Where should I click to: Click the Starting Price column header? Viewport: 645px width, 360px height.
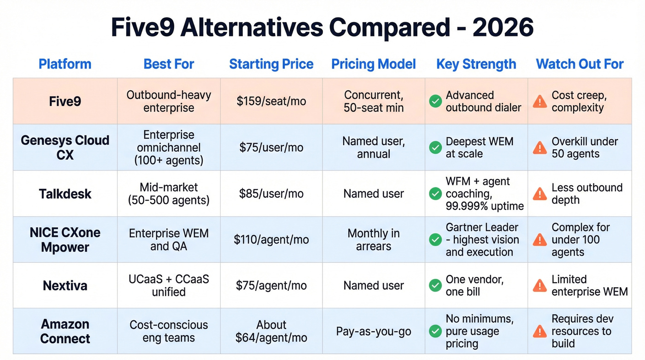pyautogui.click(x=271, y=64)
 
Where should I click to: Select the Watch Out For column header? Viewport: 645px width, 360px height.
pyautogui.click(x=580, y=64)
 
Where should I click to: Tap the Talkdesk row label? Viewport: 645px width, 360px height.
pyautogui.click(x=65, y=194)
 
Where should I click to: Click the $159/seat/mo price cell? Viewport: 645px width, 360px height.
pyautogui.click(x=271, y=101)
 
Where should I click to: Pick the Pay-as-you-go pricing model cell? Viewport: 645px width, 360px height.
pyautogui.click(x=374, y=331)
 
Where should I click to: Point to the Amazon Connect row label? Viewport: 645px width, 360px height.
pyautogui.click(x=65, y=331)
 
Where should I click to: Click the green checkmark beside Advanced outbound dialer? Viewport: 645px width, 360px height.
pyautogui.click(x=435, y=101)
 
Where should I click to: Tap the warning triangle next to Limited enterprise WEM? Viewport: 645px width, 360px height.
pyautogui.click(x=539, y=286)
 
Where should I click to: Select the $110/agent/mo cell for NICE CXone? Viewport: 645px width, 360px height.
pyautogui.click(x=271, y=240)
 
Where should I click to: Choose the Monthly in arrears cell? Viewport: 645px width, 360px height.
pyautogui.click(x=374, y=240)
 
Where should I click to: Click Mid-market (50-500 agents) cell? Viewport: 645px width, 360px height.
pyautogui.click(x=169, y=194)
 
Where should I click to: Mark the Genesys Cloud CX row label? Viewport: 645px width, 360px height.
pyautogui.click(x=65, y=148)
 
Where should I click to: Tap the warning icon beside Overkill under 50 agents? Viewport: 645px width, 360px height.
pyautogui.click(x=539, y=148)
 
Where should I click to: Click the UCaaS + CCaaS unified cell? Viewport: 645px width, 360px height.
pyautogui.click(x=169, y=285)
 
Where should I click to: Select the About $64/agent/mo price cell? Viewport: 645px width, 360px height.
pyautogui.click(x=271, y=331)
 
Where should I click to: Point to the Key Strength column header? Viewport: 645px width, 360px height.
pyautogui.click(x=476, y=64)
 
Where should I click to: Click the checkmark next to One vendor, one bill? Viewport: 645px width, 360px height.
pyautogui.click(x=435, y=286)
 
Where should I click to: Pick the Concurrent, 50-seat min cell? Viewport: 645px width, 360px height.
pyautogui.click(x=374, y=101)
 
